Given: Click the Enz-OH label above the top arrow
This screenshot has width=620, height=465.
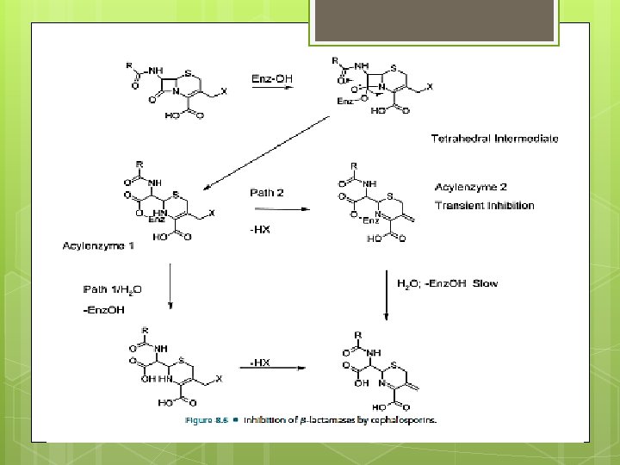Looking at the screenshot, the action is tap(272, 78).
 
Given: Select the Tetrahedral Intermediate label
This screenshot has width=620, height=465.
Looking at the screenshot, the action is tap(495, 139).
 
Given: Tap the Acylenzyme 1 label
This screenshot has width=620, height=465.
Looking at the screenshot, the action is tap(98, 246).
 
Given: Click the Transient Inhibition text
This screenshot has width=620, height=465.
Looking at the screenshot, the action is tap(485, 206).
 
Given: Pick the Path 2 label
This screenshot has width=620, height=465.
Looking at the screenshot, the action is tap(267, 192).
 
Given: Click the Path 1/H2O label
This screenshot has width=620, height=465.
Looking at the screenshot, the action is tap(114, 289).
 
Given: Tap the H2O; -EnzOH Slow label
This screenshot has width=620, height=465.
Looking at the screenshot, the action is tap(447, 283).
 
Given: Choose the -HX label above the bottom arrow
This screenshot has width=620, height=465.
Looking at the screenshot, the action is tap(260, 363).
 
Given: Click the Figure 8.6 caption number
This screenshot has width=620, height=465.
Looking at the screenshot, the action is tap(208, 421).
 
